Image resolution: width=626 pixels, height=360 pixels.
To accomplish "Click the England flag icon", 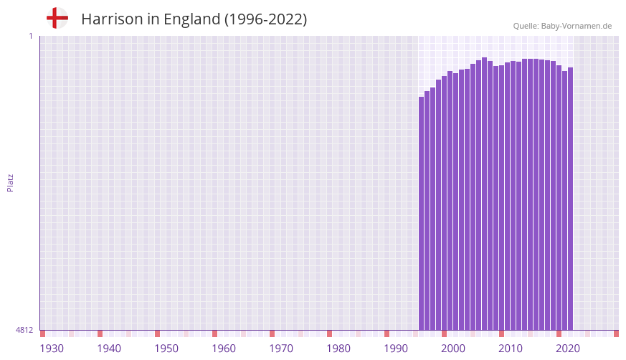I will [x=57, y=18].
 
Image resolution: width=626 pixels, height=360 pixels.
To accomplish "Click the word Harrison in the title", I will [x=112, y=19].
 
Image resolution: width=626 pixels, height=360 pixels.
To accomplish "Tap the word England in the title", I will [x=190, y=19].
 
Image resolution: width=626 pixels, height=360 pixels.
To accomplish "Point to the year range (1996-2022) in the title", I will [x=265, y=19].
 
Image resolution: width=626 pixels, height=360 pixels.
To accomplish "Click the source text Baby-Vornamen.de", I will [x=577, y=26].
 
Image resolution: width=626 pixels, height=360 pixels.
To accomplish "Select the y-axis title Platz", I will [x=10, y=182].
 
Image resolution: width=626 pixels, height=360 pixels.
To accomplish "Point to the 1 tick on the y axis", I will [x=30, y=36].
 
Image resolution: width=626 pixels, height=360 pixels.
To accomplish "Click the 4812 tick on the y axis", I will [x=24, y=330].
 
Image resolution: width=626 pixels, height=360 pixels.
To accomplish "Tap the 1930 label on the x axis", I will [x=52, y=349].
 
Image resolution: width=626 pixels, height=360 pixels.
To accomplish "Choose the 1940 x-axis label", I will [x=109, y=349].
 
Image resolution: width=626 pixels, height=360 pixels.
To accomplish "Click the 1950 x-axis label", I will [x=166, y=349].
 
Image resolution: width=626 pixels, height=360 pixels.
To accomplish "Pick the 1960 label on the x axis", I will [x=224, y=349].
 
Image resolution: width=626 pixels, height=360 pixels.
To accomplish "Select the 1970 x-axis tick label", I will [x=281, y=349].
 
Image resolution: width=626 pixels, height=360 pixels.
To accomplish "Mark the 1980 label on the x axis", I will [x=338, y=349].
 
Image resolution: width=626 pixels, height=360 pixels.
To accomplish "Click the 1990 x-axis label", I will [x=396, y=349].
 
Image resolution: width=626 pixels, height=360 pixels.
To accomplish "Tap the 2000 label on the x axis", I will [x=453, y=349].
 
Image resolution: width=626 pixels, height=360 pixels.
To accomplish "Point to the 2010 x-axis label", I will [x=511, y=349].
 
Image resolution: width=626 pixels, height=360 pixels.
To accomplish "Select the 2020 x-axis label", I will [x=568, y=349].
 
